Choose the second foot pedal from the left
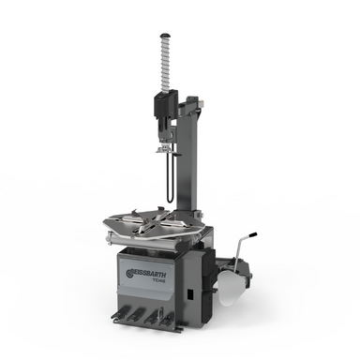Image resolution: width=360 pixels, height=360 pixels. click(x=136, y=316)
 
